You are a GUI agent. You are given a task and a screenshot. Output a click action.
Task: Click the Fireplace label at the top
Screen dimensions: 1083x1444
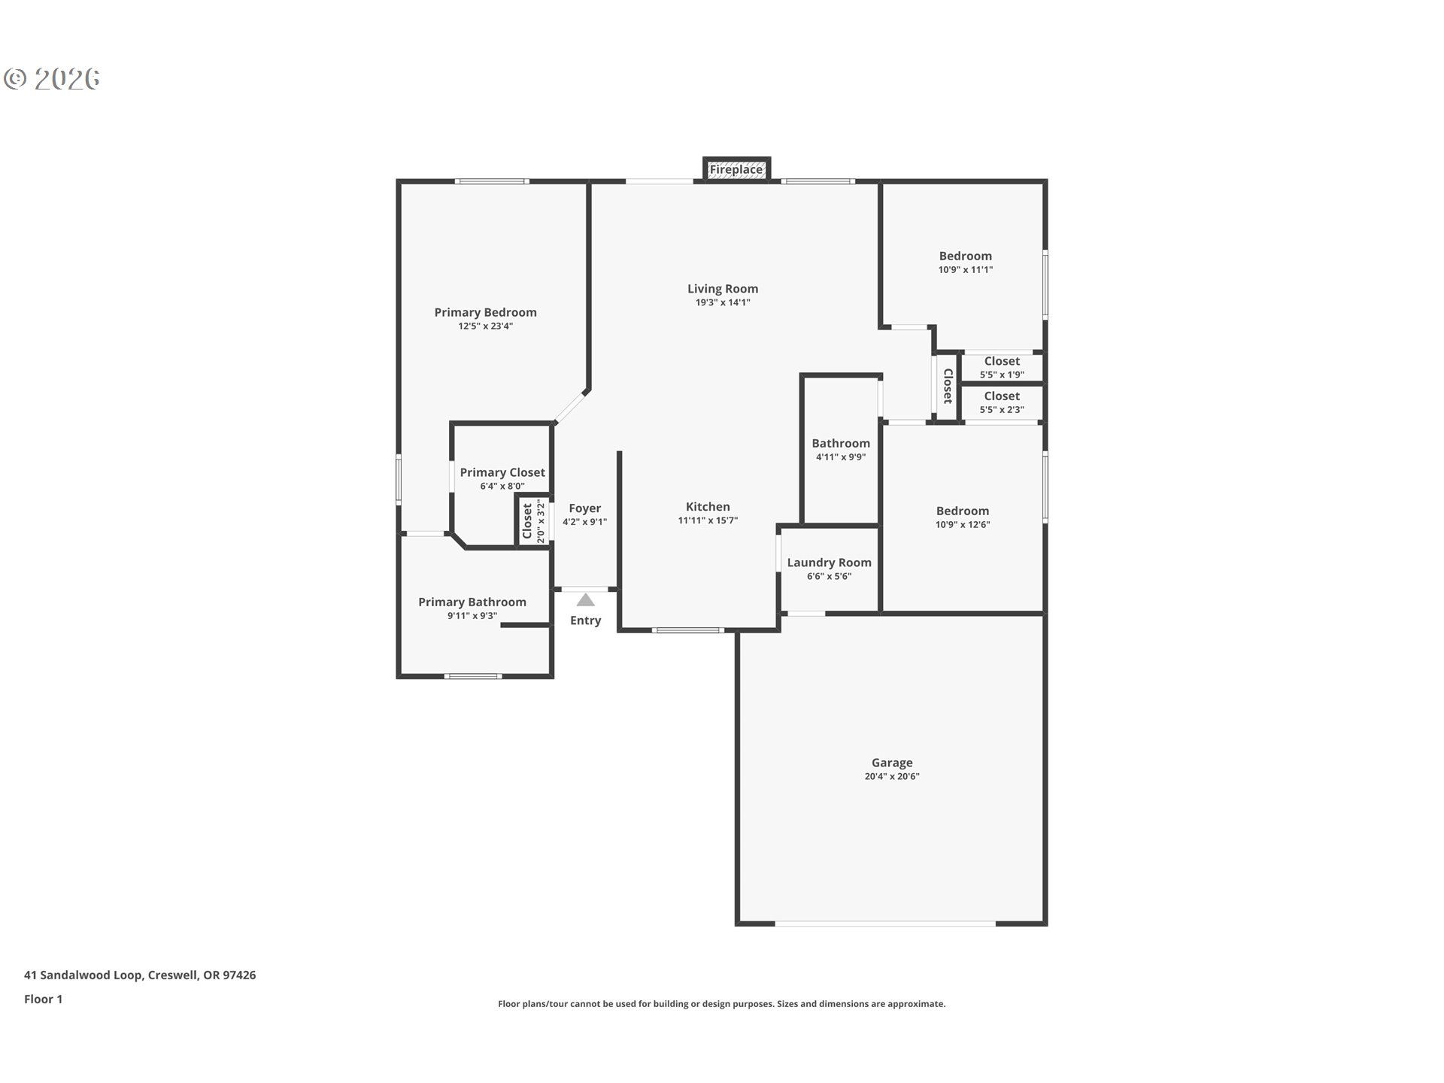pyautogui.click(x=736, y=170)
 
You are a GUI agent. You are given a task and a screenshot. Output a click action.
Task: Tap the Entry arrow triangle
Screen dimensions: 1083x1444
pyautogui.click(x=586, y=600)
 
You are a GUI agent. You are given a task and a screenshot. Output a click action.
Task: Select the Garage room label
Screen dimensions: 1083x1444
pyautogui.click(x=892, y=763)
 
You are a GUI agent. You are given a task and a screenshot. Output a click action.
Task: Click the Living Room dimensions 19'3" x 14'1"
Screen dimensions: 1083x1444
pyautogui.click(x=723, y=302)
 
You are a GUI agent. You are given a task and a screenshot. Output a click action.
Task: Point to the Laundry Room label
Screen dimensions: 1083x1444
pyautogui.click(x=829, y=563)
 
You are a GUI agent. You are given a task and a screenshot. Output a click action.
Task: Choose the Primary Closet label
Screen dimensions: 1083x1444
pyautogui.click(x=502, y=472)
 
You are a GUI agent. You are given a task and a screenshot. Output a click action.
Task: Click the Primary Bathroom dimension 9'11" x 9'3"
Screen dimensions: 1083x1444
pyautogui.click(x=472, y=616)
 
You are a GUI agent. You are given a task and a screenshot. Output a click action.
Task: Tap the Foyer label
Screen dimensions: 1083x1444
pyautogui.click(x=584, y=508)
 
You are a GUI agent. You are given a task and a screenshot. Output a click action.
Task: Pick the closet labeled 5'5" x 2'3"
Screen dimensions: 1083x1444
pyautogui.click(x=1002, y=402)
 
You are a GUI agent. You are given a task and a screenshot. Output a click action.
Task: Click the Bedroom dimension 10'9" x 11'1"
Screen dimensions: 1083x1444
pyautogui.click(x=965, y=270)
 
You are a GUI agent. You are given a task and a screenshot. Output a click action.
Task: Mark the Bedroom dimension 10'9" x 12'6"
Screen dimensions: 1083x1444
pyautogui.click(x=963, y=525)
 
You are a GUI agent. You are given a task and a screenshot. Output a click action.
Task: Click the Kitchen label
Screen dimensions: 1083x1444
pyautogui.click(x=708, y=507)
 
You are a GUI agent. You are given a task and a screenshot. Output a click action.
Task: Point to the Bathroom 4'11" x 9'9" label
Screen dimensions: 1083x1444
pyautogui.click(x=841, y=444)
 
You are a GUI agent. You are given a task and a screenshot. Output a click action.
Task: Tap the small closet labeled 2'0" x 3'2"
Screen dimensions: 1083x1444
pyautogui.click(x=532, y=521)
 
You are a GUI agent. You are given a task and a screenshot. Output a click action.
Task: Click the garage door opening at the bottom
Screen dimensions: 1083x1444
pyautogui.click(x=885, y=923)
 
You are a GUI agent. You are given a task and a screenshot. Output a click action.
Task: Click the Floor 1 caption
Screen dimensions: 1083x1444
pyautogui.click(x=43, y=1000)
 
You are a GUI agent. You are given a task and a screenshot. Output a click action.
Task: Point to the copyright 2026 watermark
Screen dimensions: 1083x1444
pyautogui.click(x=52, y=79)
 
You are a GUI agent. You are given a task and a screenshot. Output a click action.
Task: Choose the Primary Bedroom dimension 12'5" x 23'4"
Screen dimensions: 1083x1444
pyautogui.click(x=486, y=326)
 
